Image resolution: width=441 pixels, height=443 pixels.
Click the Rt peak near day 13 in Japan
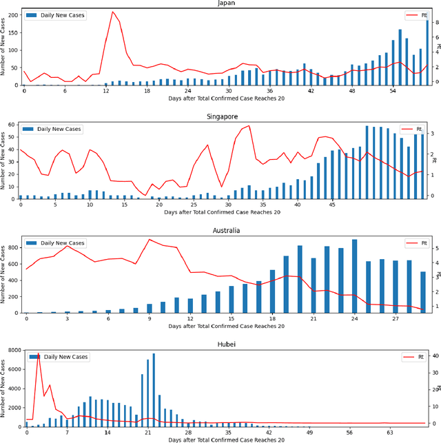pos(112,12)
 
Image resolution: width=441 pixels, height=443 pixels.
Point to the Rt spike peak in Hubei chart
pos(37,353)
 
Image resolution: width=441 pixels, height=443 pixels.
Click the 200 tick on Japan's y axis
pos(12,14)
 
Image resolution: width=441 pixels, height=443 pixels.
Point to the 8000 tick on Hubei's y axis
pos(11,351)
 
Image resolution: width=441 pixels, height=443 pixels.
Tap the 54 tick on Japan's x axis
pos(393,90)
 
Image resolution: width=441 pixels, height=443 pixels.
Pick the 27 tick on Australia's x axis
pos(396,318)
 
